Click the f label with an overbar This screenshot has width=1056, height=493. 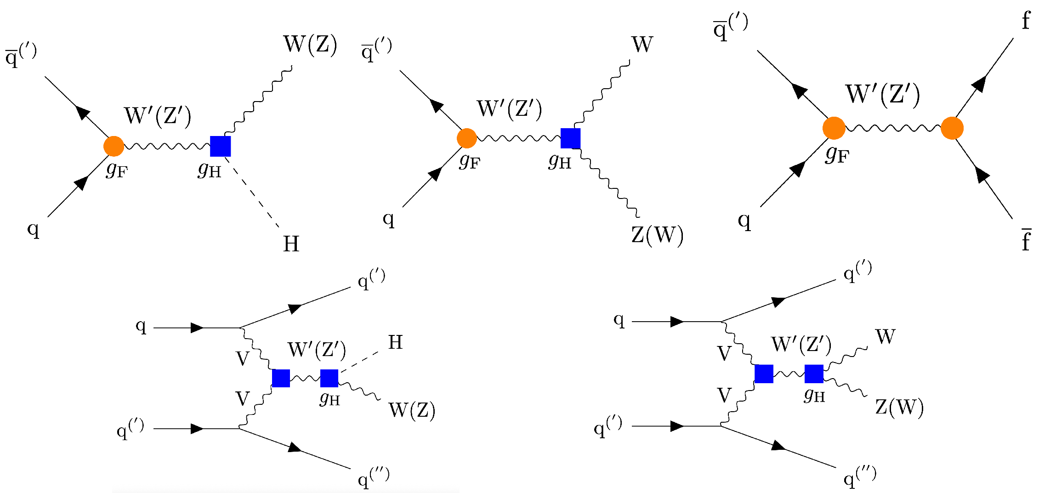pyautogui.click(x=1026, y=239)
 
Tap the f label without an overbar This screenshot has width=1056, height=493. pyautogui.click(x=1026, y=21)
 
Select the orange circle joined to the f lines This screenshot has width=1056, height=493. pyautogui.click(x=952, y=128)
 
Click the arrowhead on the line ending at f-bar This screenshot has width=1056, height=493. pyautogui.click(x=982, y=175)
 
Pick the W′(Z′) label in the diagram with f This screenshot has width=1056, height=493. pyautogui.click(x=882, y=95)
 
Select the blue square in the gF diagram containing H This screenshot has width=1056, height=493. pyautogui.click(x=220, y=146)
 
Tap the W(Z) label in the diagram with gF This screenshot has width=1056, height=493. pyautogui.click(x=310, y=45)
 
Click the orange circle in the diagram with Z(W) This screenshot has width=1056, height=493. pyautogui.click(x=467, y=138)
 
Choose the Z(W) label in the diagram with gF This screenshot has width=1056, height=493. pyautogui.click(x=657, y=235)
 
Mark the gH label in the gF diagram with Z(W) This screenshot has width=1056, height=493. pyautogui.click(x=560, y=161)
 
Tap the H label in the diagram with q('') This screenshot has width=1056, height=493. pyautogui.click(x=395, y=342)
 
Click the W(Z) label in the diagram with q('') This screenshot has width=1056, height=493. pyautogui.click(x=412, y=410)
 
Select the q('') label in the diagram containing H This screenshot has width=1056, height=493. pyautogui.click(x=373, y=478)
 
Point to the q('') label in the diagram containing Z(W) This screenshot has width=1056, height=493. pyautogui.click(x=859, y=477)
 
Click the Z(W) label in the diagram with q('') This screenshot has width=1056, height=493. pyautogui.click(x=899, y=407)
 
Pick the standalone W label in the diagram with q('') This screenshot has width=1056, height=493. pyautogui.click(x=885, y=337)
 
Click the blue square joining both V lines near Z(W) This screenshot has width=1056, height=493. pyautogui.click(x=764, y=374)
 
